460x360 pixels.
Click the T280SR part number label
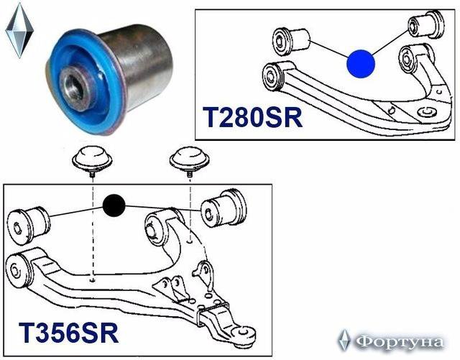coord(252,117)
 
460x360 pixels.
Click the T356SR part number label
coord(69,333)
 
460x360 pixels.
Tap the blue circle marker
coord(361,64)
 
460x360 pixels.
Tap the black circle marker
coord(114,206)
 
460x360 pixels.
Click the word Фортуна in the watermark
coord(400,342)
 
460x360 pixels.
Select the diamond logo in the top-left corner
coord(19,30)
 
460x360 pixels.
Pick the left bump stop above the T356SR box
coord(93,160)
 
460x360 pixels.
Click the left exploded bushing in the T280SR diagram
coord(291,41)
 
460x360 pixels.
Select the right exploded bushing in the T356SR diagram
coord(224,208)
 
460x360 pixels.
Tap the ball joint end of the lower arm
coord(243,334)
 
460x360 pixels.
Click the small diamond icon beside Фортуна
coord(344,341)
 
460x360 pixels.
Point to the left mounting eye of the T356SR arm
coord(18,272)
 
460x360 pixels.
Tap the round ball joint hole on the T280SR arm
coord(427,112)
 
